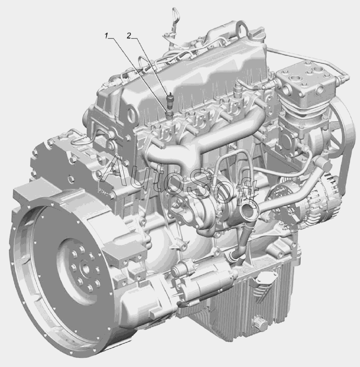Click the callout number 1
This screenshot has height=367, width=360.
107,37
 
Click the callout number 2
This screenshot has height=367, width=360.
129,36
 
